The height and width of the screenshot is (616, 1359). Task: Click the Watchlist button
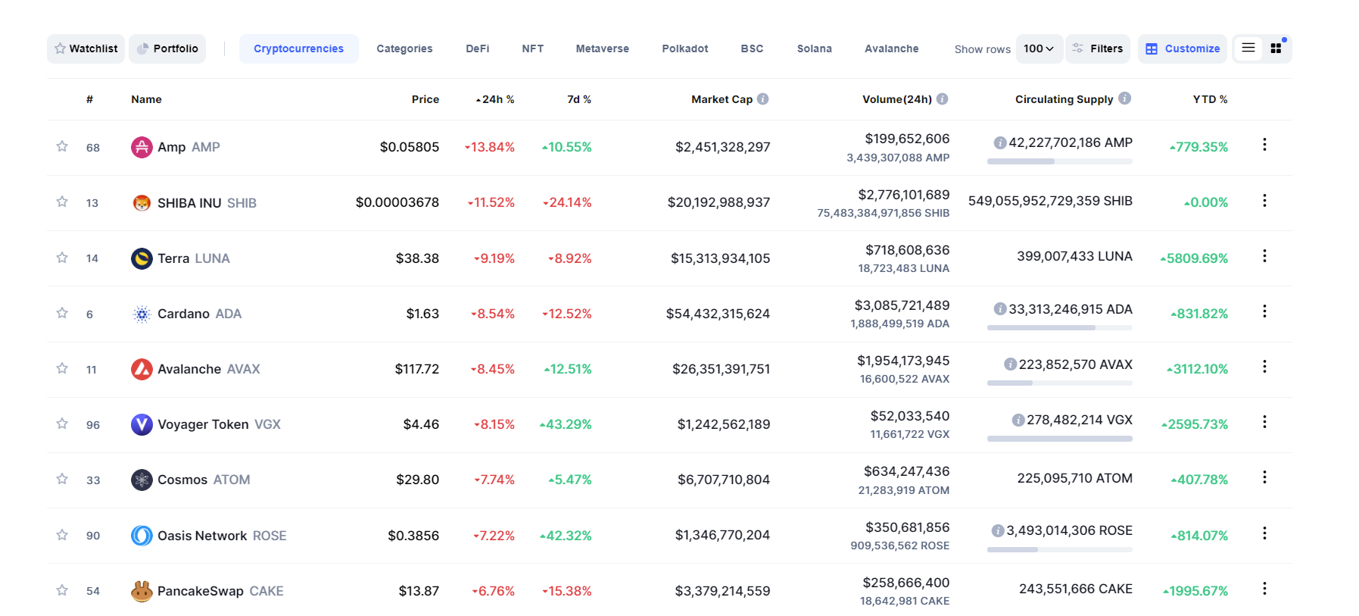(86, 48)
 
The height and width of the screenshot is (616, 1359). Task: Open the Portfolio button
(167, 48)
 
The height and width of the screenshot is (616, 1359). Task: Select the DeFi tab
(477, 48)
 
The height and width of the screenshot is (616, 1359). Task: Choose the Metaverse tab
(602, 48)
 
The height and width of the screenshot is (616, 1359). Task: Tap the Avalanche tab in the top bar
(891, 48)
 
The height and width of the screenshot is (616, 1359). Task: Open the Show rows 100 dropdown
(1039, 48)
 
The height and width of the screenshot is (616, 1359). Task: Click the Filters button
(1098, 48)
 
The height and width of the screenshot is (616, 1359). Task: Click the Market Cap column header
(722, 99)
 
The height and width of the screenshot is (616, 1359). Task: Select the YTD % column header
(1210, 99)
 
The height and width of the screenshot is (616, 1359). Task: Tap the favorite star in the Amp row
(62, 146)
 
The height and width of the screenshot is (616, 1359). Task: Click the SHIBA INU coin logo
(142, 203)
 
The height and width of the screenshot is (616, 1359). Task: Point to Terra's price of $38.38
(417, 258)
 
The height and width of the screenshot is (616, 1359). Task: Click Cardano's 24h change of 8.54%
(493, 314)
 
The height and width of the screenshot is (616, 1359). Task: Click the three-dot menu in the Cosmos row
(1264, 477)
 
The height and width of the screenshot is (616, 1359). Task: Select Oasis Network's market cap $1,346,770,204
(722, 536)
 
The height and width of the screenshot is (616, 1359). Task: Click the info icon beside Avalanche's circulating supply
(1010, 364)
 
